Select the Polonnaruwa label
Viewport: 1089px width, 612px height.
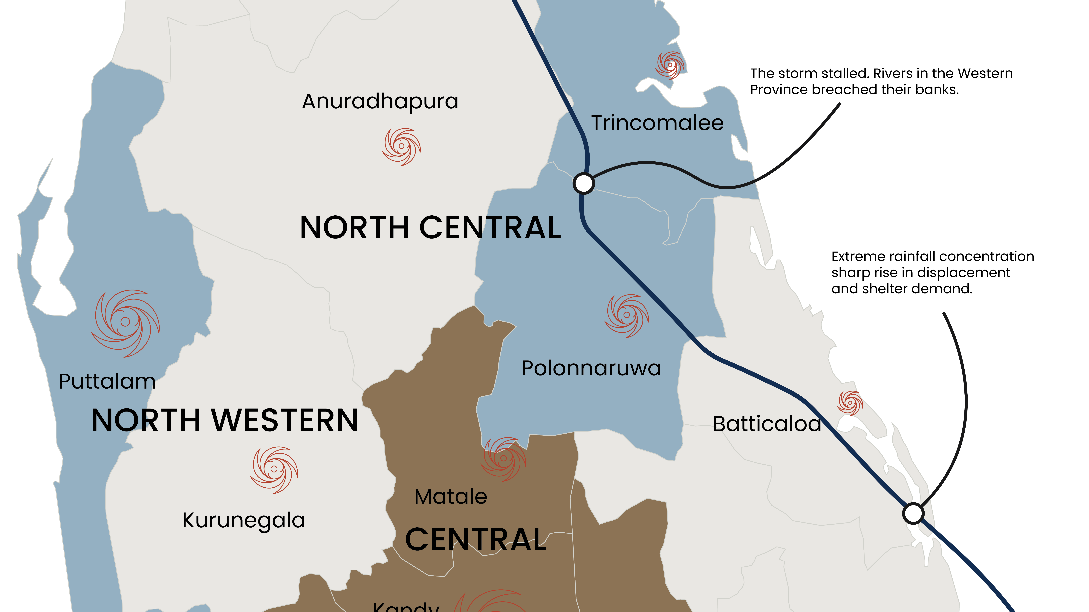tap(591, 368)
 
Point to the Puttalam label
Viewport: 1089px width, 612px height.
tap(107, 381)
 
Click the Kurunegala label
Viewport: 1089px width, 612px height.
tap(244, 520)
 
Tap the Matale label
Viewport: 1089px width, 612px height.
tap(451, 497)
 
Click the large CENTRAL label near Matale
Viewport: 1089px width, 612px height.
tap(476, 540)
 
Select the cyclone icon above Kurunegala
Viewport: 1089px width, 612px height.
tap(274, 469)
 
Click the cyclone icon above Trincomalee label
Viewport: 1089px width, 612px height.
tap(670, 65)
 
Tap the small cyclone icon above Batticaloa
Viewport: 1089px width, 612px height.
tap(850, 403)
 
